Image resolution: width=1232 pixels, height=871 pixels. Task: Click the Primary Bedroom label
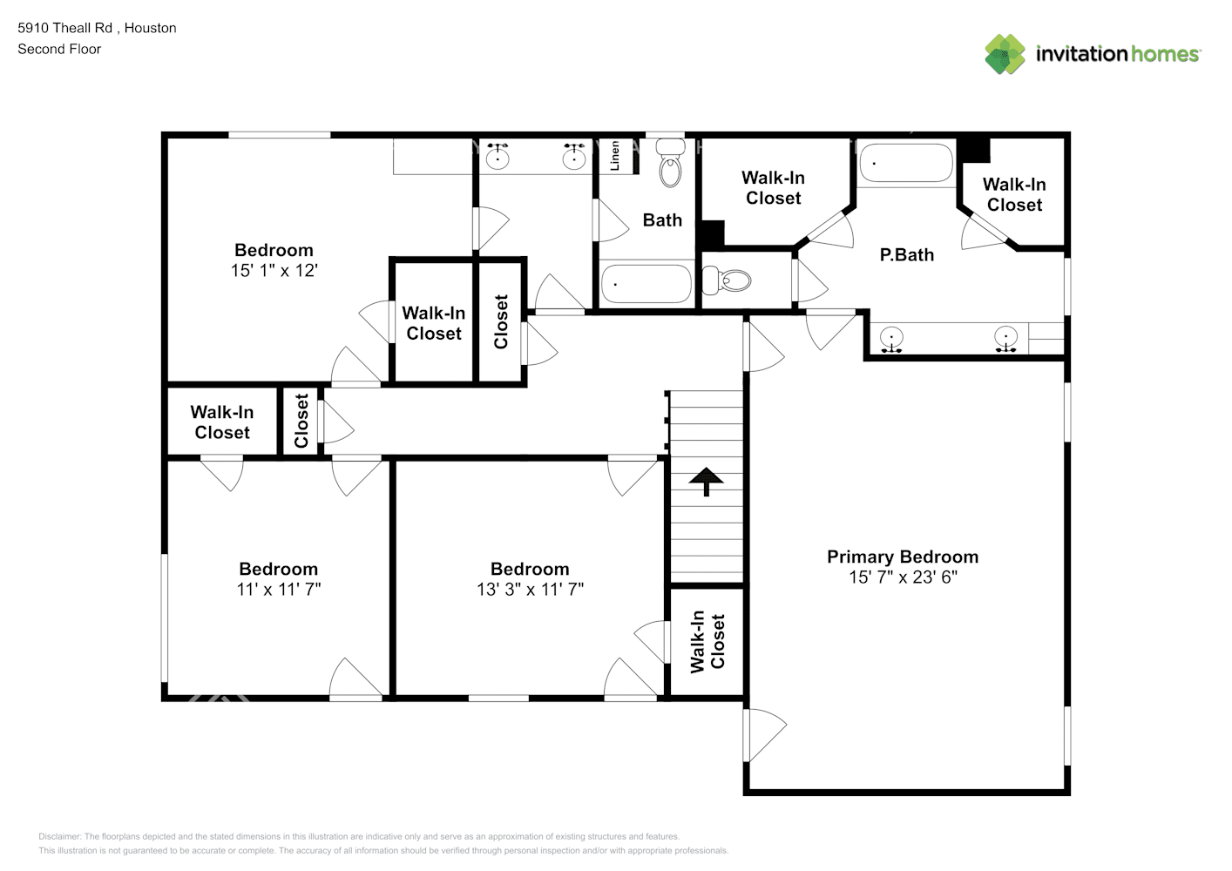903,557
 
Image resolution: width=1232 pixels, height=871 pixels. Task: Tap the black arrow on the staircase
707,482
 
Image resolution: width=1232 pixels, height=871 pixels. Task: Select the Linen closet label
615,156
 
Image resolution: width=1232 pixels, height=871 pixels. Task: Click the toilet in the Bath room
670,163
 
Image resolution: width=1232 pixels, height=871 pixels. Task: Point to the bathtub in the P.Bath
906,163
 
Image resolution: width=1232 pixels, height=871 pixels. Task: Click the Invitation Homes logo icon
1005,54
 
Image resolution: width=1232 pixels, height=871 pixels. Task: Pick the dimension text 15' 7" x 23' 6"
903,577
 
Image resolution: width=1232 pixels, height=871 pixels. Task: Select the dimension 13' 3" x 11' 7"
530,590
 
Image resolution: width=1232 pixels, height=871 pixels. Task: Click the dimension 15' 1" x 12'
274,271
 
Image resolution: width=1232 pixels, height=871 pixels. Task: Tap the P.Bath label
906,255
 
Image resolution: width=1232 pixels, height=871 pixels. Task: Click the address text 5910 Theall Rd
64,28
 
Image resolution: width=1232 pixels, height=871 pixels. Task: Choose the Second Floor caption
59,49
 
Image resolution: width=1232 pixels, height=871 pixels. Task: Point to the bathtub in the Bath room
646,284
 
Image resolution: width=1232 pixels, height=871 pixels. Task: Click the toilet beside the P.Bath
727,280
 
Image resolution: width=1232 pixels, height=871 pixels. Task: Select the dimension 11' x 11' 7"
278,590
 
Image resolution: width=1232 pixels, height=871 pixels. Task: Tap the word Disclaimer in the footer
59,836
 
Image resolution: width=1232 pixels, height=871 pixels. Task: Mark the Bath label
662,220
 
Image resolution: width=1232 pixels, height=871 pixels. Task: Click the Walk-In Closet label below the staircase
707,641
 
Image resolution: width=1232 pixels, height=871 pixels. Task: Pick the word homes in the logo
1165,54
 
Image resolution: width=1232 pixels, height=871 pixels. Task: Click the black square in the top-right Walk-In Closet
975,150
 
